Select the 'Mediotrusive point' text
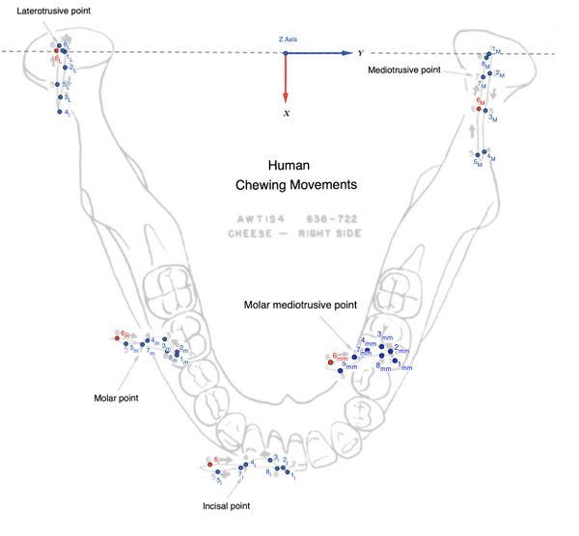pyautogui.click(x=406, y=70)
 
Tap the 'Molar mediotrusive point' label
pyautogui.click(x=300, y=306)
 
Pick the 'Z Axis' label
pyautogui.click(x=288, y=39)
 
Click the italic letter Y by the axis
pyautogui.click(x=360, y=53)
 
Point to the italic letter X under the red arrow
pyautogui.click(x=287, y=114)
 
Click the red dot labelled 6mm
pyautogui.click(x=331, y=362)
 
